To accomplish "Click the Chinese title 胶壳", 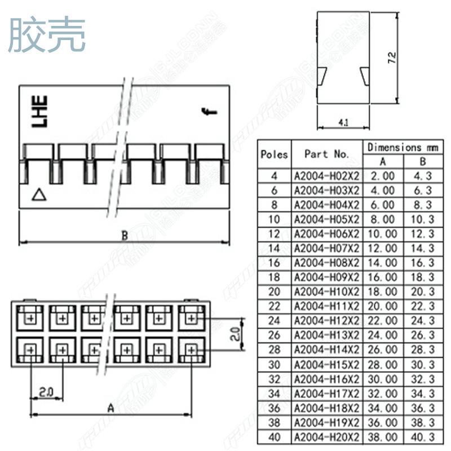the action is tap(47, 34).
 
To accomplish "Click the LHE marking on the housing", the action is tap(39, 111).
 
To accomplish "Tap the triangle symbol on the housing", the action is tap(38, 195).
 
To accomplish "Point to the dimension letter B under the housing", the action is tap(125, 236).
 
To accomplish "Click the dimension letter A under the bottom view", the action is tap(110, 407).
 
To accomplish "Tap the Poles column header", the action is tap(275, 154).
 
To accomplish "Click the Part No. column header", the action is tap(327, 154).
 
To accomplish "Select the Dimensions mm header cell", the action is tap(403, 147).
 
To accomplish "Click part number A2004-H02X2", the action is tap(327, 175).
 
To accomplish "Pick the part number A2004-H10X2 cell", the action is tap(327, 291).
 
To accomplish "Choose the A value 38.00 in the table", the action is tap(382, 437).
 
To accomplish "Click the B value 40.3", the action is tap(423, 437).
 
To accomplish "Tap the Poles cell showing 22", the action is tap(275, 306).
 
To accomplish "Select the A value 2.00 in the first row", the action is tap(382, 175).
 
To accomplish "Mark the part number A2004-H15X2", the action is tap(327, 364).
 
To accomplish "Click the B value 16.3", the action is tap(423, 263).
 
